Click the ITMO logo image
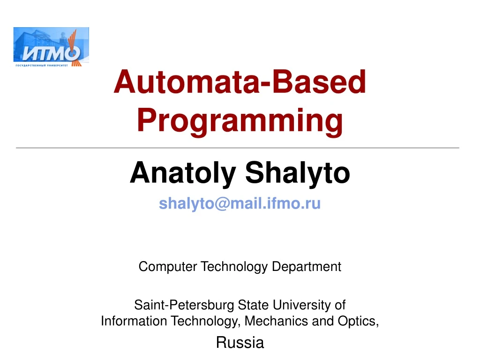click(x=51, y=47)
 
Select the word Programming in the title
click(x=240, y=120)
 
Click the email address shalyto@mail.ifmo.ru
click(x=240, y=204)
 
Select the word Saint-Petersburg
click(x=184, y=305)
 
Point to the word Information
click(x=134, y=321)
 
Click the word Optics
click(x=361, y=321)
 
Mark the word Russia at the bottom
click(x=240, y=343)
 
